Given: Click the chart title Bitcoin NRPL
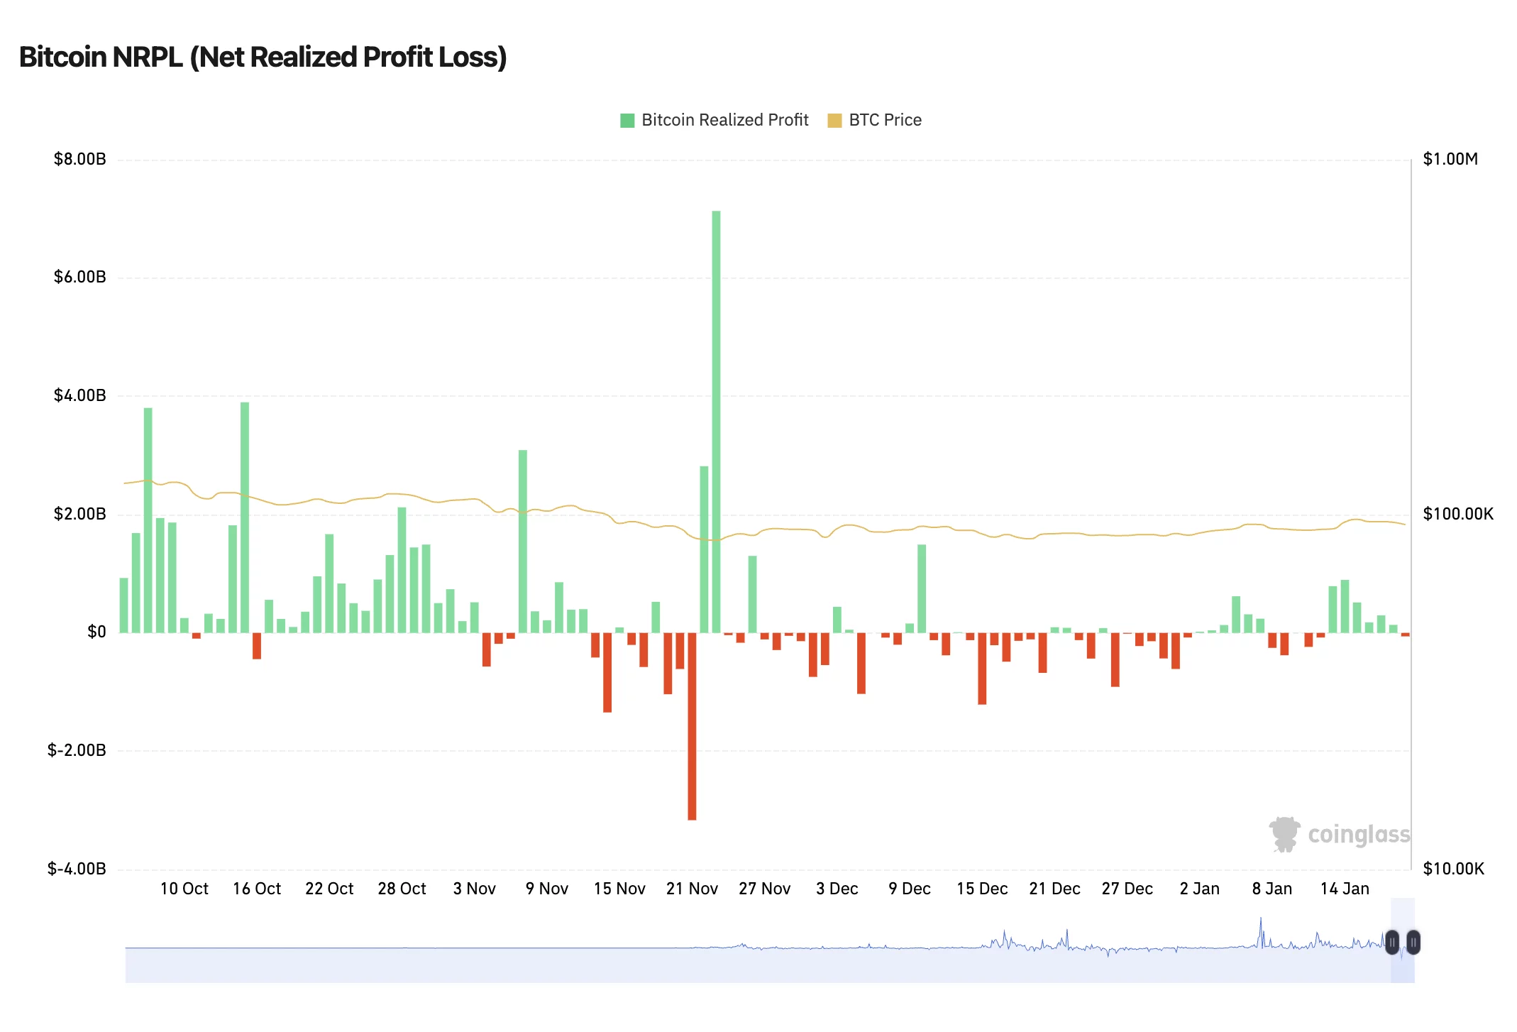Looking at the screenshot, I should click(x=263, y=57).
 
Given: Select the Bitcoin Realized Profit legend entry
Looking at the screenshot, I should click(x=715, y=120).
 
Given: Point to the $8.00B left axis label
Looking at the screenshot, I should click(x=79, y=159).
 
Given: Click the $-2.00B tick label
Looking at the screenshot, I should click(x=77, y=750).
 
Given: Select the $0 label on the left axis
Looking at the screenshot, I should click(x=96, y=632).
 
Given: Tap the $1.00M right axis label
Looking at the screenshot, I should click(x=1450, y=159).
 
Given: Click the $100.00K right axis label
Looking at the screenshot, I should click(x=1458, y=514).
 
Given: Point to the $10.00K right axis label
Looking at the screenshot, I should click(x=1453, y=869).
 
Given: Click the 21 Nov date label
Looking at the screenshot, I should click(x=692, y=889).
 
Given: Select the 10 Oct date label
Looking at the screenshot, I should click(x=184, y=889).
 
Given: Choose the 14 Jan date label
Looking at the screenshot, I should click(x=1345, y=889).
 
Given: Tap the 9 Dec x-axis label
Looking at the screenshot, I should click(x=910, y=889).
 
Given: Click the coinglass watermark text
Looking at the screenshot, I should click(x=1359, y=835).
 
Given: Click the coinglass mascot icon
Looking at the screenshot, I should click(x=1284, y=834).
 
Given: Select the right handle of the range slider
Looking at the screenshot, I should click(x=1413, y=943).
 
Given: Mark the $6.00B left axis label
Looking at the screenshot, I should click(x=79, y=277).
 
